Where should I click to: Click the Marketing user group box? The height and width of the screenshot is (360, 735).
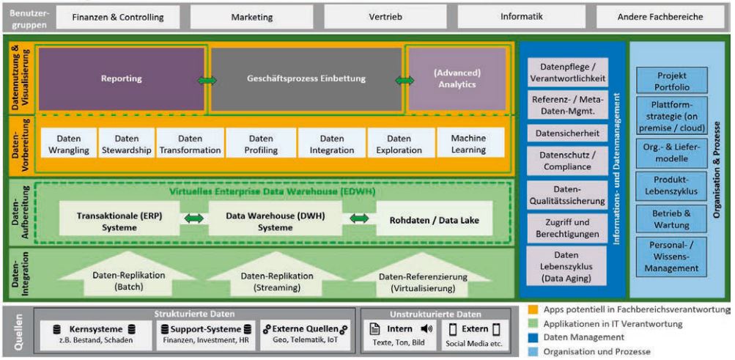point(252,17)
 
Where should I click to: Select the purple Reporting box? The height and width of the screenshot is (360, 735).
point(122,78)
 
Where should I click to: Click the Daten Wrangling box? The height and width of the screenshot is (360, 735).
point(69,144)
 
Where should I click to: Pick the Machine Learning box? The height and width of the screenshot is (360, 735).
point(468,144)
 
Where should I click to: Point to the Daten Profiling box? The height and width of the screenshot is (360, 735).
point(261,144)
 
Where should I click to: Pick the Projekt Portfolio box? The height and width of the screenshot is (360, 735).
point(671,79)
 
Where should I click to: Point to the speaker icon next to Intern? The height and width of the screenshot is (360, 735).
point(426,329)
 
